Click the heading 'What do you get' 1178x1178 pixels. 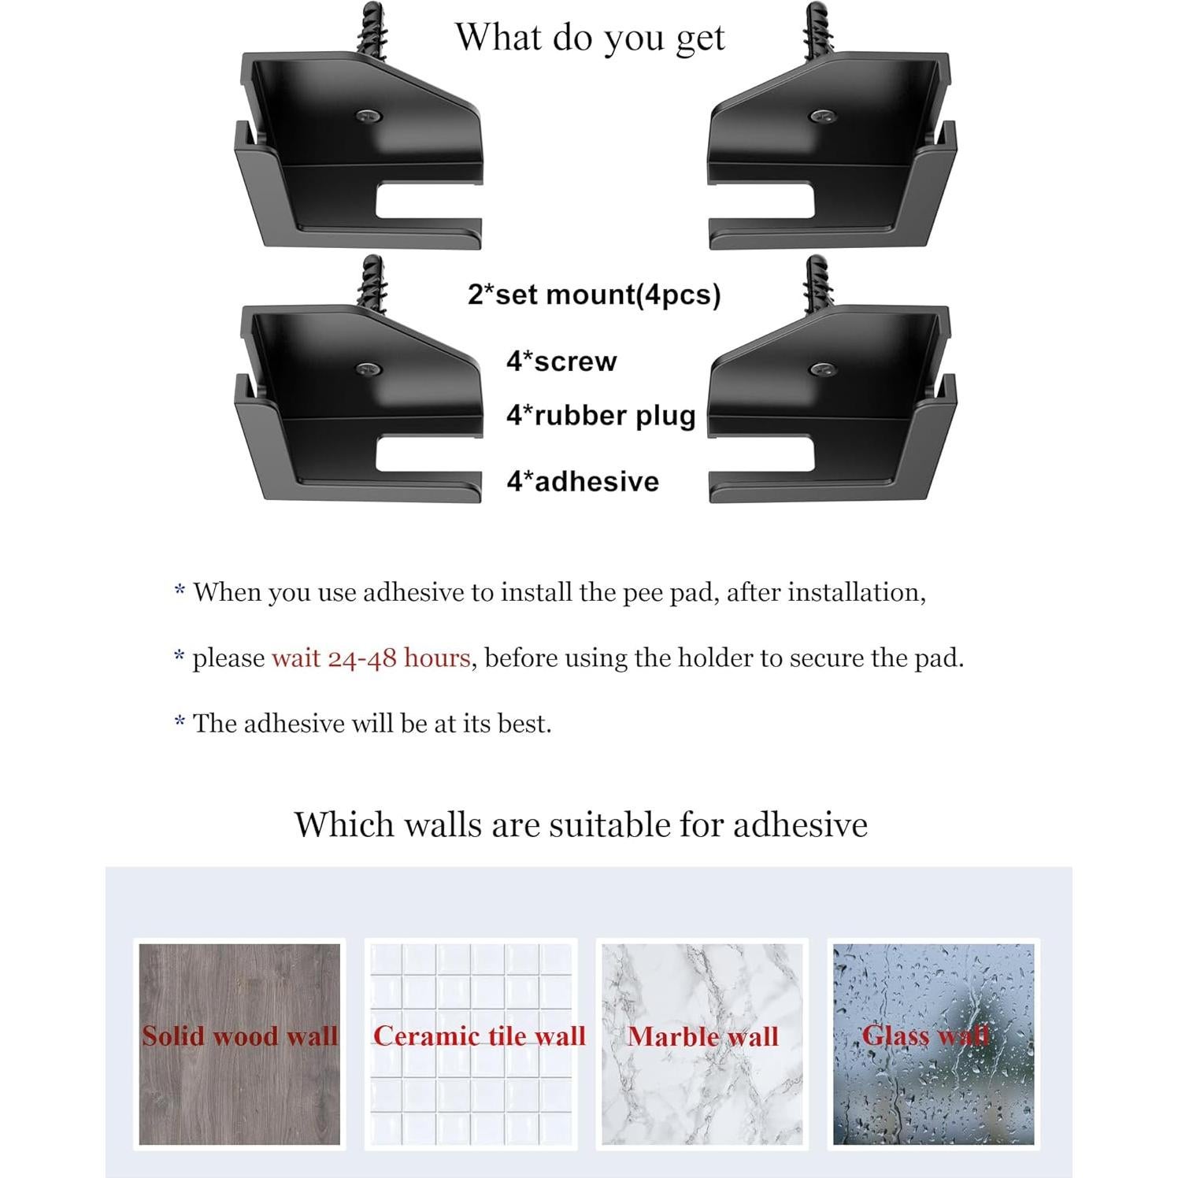pyautogui.click(x=590, y=38)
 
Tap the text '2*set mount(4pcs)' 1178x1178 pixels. pyautogui.click(x=594, y=294)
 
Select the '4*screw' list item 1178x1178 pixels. pyautogui.click(x=561, y=361)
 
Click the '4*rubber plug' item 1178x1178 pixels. pyautogui.click(x=601, y=416)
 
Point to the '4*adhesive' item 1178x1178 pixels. pyautogui.click(x=583, y=481)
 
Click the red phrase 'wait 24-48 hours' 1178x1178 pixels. pyautogui.click(x=371, y=658)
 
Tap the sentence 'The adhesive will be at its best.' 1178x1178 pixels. pyautogui.click(x=372, y=723)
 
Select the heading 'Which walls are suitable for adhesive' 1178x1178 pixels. pyautogui.click(x=581, y=824)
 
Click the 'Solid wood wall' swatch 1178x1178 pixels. pyautogui.click(x=239, y=1043)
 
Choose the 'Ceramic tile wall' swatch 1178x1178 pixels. pyautogui.click(x=471, y=1043)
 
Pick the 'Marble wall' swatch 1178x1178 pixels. pyautogui.click(x=702, y=1043)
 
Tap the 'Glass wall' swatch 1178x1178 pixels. pyautogui.click(x=933, y=1043)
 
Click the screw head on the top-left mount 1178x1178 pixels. pyautogui.click(x=367, y=116)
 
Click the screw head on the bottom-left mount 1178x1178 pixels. pyautogui.click(x=367, y=369)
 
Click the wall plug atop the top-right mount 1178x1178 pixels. pyautogui.click(x=815, y=30)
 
